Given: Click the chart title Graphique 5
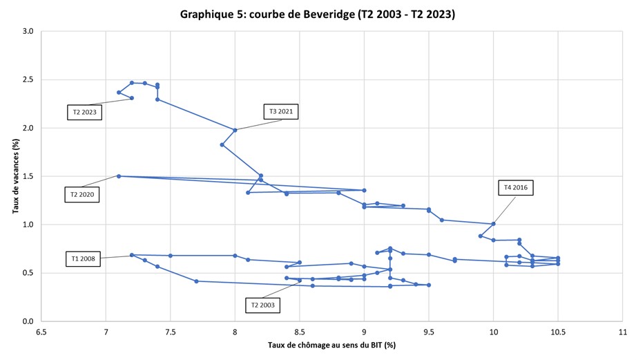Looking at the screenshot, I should [317, 14].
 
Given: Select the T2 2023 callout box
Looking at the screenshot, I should [84, 112].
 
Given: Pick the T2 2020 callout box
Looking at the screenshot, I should [81, 195].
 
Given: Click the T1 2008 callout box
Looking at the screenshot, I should [84, 259].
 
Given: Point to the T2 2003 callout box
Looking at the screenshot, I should [262, 305].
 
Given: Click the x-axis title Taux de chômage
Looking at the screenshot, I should [332, 345].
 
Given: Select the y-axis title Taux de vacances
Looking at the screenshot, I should [15, 176].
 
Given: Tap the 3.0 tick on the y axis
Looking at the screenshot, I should [28, 32].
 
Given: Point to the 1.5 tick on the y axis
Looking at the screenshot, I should [28, 176].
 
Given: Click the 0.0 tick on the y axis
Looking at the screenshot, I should [28, 321].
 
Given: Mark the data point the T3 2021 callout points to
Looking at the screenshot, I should [235, 130].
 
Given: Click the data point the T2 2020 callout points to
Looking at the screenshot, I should [119, 176].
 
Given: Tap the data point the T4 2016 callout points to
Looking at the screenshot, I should [493, 224].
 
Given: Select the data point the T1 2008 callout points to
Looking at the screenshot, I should [132, 255].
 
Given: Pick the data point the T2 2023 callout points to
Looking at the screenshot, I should [132, 98].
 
